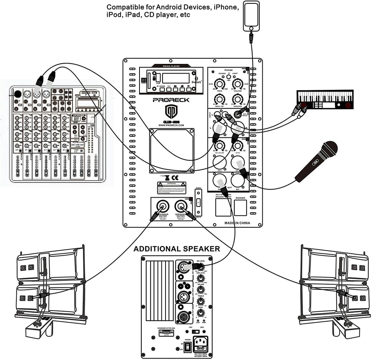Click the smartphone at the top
[252, 17]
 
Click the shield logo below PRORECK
[171, 111]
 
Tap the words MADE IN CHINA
[237, 223]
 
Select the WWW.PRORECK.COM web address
[171, 126]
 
